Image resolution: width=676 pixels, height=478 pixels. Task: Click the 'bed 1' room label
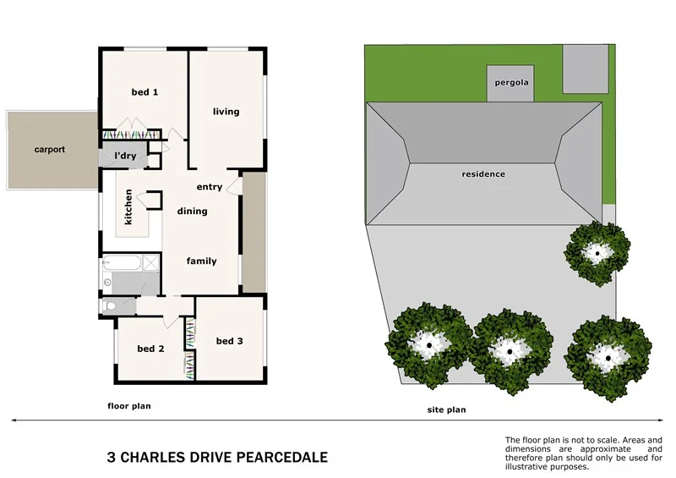[x=144, y=92]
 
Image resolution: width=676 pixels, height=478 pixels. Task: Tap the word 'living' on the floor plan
[x=226, y=112]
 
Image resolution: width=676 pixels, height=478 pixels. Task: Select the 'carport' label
[x=49, y=150]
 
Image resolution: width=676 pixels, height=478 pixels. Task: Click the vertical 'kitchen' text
[x=128, y=206]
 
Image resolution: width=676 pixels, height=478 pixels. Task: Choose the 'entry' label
[x=209, y=187]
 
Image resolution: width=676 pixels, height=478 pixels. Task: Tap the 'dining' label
[x=192, y=212]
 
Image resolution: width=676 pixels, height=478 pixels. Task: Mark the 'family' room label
[x=201, y=261]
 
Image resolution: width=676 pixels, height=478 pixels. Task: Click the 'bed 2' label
[x=150, y=349]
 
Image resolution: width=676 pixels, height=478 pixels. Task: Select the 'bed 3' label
[x=229, y=341]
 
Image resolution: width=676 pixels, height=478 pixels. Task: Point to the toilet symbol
[x=110, y=305]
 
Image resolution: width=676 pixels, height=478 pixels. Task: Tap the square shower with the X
[x=150, y=263]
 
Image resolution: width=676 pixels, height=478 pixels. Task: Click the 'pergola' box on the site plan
[x=510, y=83]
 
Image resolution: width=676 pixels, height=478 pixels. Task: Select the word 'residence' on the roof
[x=482, y=174]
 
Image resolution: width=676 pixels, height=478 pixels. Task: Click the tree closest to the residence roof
[x=597, y=251]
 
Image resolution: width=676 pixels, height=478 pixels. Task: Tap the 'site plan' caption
[x=445, y=409]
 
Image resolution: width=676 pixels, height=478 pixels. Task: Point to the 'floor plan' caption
[x=128, y=406]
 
